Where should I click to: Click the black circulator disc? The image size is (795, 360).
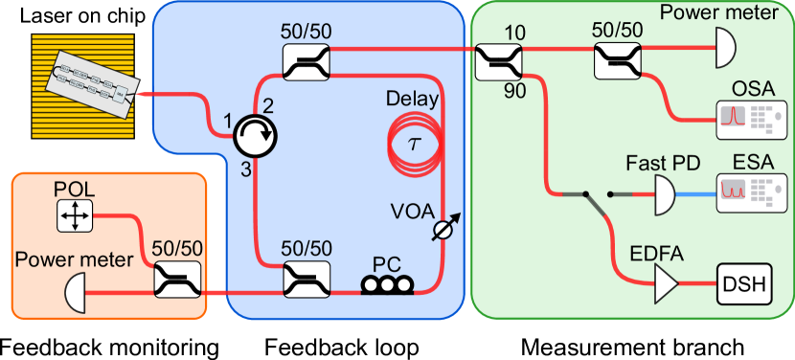click(x=255, y=139)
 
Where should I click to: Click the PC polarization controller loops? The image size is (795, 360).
click(x=387, y=283)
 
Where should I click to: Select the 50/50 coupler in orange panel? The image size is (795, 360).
click(x=178, y=282)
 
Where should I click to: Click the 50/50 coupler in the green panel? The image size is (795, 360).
click(x=618, y=64)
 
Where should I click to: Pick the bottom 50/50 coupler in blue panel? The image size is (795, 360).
click(x=307, y=279)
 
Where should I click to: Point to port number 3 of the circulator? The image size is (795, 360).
click(x=245, y=169)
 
